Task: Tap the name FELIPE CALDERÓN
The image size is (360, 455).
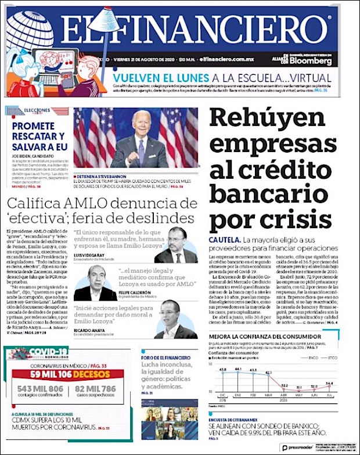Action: point(133,292)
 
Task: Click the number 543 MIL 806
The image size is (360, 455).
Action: point(40,388)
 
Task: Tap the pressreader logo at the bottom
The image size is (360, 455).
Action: point(297,447)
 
